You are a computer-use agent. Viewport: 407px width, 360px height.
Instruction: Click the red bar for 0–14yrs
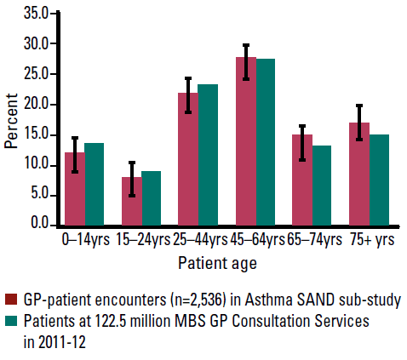[x=75, y=189]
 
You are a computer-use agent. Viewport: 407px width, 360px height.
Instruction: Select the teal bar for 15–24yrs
[x=152, y=198]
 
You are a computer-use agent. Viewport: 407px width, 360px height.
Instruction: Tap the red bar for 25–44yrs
[x=188, y=159]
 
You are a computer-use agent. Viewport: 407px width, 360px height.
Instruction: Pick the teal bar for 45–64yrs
[x=266, y=142]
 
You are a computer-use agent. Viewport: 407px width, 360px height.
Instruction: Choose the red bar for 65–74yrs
[x=302, y=180]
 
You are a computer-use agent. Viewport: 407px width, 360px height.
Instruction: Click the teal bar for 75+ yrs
[x=379, y=180]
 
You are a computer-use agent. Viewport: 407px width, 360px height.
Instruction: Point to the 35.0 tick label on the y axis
[x=37, y=14]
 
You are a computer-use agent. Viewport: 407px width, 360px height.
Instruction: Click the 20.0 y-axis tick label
[x=37, y=105]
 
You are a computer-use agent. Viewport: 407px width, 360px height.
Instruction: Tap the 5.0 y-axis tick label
[x=40, y=196]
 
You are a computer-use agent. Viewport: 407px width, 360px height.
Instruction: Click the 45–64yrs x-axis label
[x=257, y=240]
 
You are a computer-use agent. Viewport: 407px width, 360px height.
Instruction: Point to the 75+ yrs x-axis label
[x=372, y=240]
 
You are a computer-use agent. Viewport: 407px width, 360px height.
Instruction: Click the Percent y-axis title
[x=11, y=121]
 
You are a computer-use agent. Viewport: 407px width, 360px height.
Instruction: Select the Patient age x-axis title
[x=217, y=264]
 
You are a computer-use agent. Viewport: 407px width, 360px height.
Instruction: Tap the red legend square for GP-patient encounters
[x=11, y=300]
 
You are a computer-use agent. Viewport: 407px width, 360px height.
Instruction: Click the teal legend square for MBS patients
[x=11, y=321]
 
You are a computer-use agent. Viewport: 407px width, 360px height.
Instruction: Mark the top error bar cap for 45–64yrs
[x=246, y=45]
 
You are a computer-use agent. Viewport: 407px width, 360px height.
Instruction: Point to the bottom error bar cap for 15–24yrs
[x=132, y=196]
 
